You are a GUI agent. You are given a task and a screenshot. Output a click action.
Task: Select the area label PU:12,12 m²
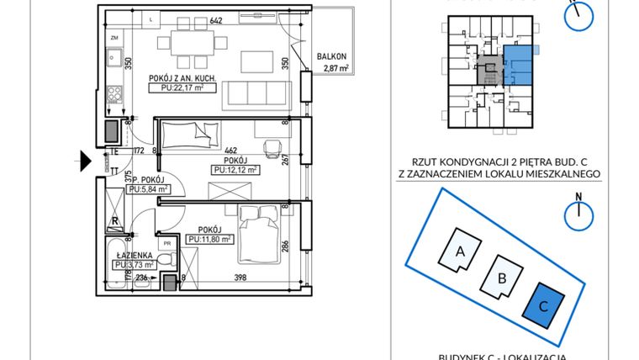coord(235,169)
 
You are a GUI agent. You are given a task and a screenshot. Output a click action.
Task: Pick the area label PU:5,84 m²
coord(148,190)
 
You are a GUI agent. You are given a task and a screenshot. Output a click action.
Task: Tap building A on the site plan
coord(459,249)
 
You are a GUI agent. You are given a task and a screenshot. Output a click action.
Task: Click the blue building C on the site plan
coord(543,305)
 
